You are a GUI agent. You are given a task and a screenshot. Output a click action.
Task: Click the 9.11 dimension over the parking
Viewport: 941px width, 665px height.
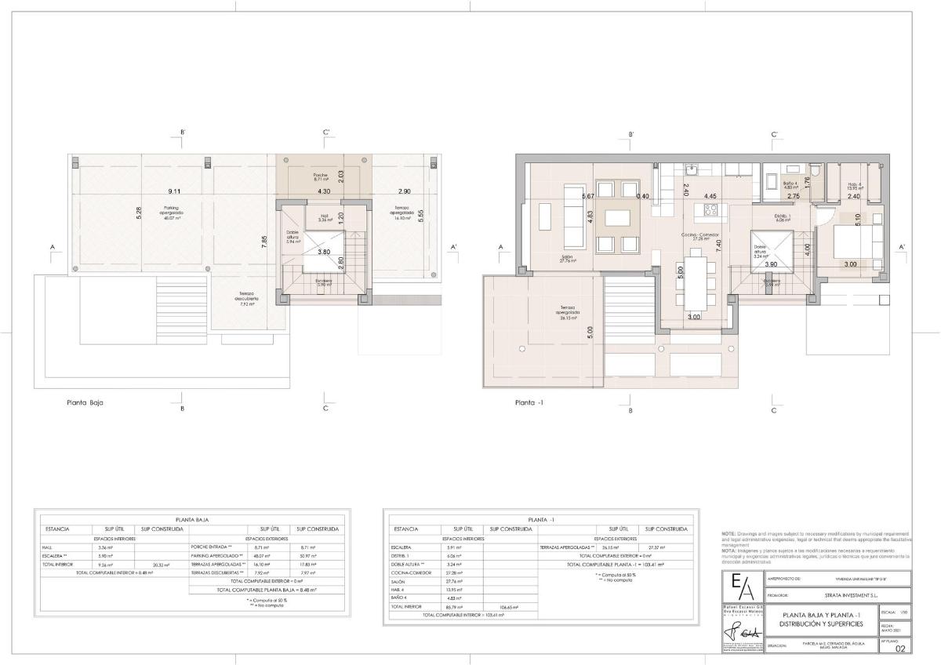tap(174, 191)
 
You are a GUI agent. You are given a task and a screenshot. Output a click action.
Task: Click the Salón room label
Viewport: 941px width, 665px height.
tap(569, 259)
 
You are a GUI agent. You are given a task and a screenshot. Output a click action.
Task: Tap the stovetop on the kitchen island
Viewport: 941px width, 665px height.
tap(710, 209)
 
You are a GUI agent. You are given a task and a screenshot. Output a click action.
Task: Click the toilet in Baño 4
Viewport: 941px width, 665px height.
tap(816, 170)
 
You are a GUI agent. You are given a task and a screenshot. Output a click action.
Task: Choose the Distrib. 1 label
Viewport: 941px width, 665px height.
tap(783, 217)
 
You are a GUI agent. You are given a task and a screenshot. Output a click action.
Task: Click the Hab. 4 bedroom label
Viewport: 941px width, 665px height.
tap(855, 186)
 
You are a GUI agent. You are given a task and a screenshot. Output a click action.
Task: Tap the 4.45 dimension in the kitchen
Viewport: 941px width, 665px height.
tap(710, 196)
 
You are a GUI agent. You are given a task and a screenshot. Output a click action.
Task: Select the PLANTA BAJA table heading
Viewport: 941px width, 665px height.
tap(192, 519)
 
